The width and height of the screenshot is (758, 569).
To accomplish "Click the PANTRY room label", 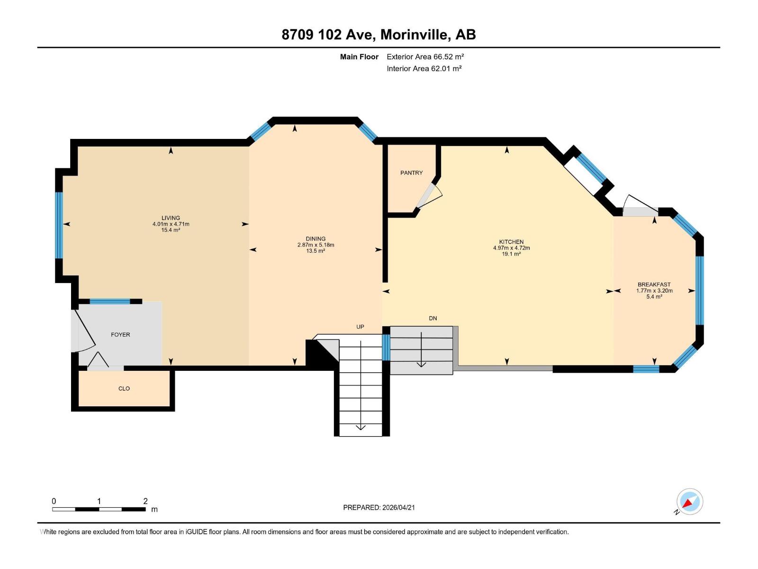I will (411, 173).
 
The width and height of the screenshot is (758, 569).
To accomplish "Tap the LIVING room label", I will (171, 218).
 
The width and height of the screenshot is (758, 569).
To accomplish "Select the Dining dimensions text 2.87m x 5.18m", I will (316, 245).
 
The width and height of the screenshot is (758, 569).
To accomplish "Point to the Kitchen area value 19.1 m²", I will (511, 254).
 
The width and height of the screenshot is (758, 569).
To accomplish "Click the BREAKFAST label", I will (654, 284).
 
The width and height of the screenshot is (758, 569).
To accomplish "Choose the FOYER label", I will (120, 335).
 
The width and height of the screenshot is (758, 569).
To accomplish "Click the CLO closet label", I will (124, 388).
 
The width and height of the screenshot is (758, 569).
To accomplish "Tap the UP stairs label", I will (360, 327).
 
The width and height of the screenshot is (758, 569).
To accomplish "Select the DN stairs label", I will (433, 318).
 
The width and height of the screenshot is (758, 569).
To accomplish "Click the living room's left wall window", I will (59, 225).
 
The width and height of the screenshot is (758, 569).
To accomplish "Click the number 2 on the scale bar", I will (145, 501).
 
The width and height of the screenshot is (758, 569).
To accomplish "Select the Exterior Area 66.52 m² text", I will (425, 56).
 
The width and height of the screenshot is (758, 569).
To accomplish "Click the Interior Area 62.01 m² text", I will (424, 68).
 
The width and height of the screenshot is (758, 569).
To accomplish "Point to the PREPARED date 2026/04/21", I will (398, 507).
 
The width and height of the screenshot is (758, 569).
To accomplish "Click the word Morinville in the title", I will (414, 35).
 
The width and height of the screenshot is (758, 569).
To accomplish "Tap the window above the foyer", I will (110, 301).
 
